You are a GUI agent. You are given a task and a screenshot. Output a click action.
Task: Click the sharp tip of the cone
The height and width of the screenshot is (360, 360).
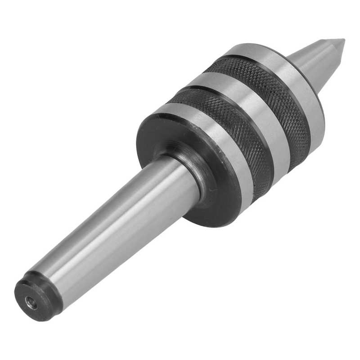(x=343, y=41)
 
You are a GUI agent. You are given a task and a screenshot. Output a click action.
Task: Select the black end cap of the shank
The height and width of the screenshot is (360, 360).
(x=38, y=297)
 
